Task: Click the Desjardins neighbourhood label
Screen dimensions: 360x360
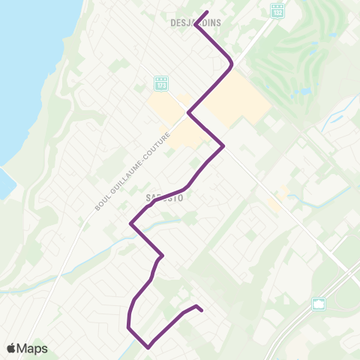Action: pyautogui.click(x=193, y=22)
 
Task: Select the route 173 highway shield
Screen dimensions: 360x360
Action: pyautogui.click(x=161, y=82)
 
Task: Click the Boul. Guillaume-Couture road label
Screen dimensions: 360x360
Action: pyautogui.click(x=133, y=172)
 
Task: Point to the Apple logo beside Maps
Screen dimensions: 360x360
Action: pyautogui.click(x=10, y=348)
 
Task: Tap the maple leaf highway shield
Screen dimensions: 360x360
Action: pyautogui.click(x=319, y=304)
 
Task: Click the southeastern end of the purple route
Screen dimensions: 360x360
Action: pyautogui.click(x=202, y=309)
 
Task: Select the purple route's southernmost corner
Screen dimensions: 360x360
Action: pyautogui.click(x=149, y=346)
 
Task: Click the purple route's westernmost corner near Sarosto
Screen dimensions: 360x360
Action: pyautogui.click(x=131, y=223)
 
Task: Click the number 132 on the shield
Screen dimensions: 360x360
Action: pyautogui.click(x=277, y=11)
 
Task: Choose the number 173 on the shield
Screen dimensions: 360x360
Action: pyautogui.click(x=161, y=83)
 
